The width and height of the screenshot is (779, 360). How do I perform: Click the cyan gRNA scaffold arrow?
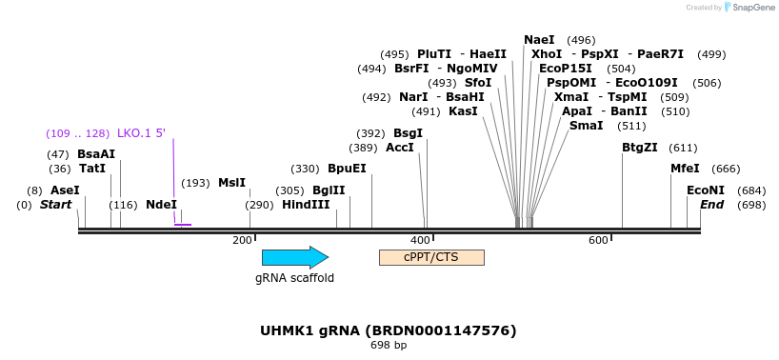[294, 257]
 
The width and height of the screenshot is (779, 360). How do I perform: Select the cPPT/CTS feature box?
[431, 257]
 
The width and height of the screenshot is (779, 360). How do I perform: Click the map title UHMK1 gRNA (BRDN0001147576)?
[389, 330]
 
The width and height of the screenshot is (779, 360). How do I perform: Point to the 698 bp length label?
[389, 345]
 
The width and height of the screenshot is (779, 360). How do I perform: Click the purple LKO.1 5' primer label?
[141, 132]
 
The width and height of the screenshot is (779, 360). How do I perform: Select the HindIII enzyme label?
[306, 205]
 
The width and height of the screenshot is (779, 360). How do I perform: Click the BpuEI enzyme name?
[347, 169]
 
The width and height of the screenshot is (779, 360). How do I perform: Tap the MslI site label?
[231, 183]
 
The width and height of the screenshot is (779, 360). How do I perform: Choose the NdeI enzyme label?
[161, 205]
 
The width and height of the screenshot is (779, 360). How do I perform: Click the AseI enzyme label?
[65, 190]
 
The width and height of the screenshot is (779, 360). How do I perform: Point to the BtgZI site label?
[640, 148]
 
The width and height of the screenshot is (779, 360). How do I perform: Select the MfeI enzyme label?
[685, 169]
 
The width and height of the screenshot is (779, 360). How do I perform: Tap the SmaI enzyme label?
[586, 126]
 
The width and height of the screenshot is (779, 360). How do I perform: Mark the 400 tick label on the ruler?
[420, 240]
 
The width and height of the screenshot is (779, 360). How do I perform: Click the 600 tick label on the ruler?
[598, 240]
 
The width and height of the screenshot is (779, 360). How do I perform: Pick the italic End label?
[712, 205]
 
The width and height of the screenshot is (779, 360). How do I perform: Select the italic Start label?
[55, 205]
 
